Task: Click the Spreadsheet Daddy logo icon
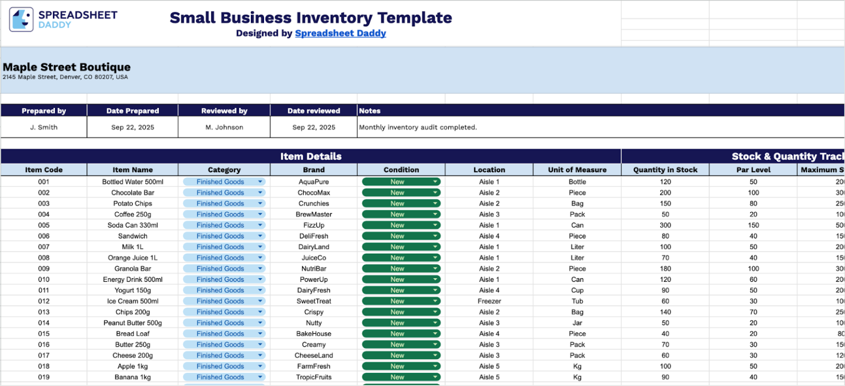point(21,19)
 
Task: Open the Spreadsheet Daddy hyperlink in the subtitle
point(340,33)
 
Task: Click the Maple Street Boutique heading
point(67,67)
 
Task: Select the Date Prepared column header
point(133,111)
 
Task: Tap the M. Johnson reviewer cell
point(224,127)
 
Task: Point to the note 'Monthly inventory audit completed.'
point(418,127)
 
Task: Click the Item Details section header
point(311,156)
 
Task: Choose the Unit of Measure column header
point(577,170)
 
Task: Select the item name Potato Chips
point(133,203)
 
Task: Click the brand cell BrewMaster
point(314,214)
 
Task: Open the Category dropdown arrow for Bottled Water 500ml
point(260,182)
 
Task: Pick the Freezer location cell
point(489,301)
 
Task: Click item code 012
point(44,301)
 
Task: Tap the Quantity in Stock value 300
point(665,225)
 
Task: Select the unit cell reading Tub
point(577,301)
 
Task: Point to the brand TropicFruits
point(314,377)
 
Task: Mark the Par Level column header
point(753,170)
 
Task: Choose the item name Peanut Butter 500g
point(133,323)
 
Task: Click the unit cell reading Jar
point(577,323)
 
